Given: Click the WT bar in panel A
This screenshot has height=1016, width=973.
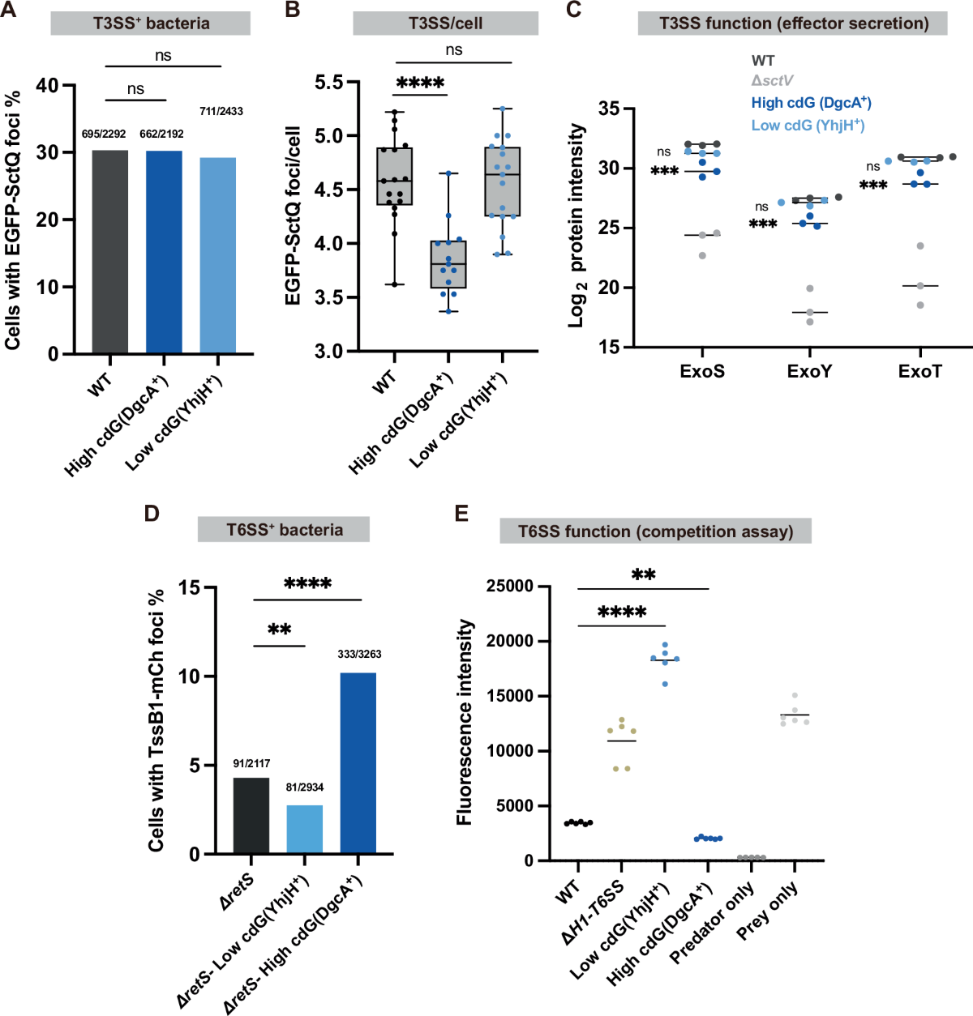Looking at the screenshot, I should pos(109,252).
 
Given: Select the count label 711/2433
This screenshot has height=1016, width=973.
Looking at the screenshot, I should pos(221,111).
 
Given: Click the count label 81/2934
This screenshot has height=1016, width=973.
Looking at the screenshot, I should pos(304,787).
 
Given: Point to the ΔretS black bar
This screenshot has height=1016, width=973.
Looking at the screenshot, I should pos(251,815).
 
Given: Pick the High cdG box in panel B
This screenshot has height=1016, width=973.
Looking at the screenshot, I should pos(448,264).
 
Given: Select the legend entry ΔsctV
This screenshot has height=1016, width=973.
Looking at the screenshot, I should pos(772,81).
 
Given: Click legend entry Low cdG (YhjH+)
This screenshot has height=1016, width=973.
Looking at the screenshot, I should pos(808,125).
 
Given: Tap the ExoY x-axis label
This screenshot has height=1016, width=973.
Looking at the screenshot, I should pos(809,372).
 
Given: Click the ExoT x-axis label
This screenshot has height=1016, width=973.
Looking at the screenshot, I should pos(920,372).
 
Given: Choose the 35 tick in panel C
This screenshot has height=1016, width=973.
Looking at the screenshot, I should pos(609,109).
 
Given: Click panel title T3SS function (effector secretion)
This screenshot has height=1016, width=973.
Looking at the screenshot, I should pos(793,23).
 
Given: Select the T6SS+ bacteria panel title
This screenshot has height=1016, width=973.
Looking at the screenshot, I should pos(285,530).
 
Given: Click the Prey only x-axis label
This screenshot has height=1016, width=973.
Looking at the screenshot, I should pos(767,911).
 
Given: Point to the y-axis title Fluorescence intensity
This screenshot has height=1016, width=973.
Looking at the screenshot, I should pos(465,723).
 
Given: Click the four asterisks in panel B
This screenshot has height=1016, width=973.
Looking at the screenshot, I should pos(420,83).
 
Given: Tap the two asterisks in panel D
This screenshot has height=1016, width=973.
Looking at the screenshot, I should pos(280,630).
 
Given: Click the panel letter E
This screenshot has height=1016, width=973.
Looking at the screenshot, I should pos(461,514).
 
